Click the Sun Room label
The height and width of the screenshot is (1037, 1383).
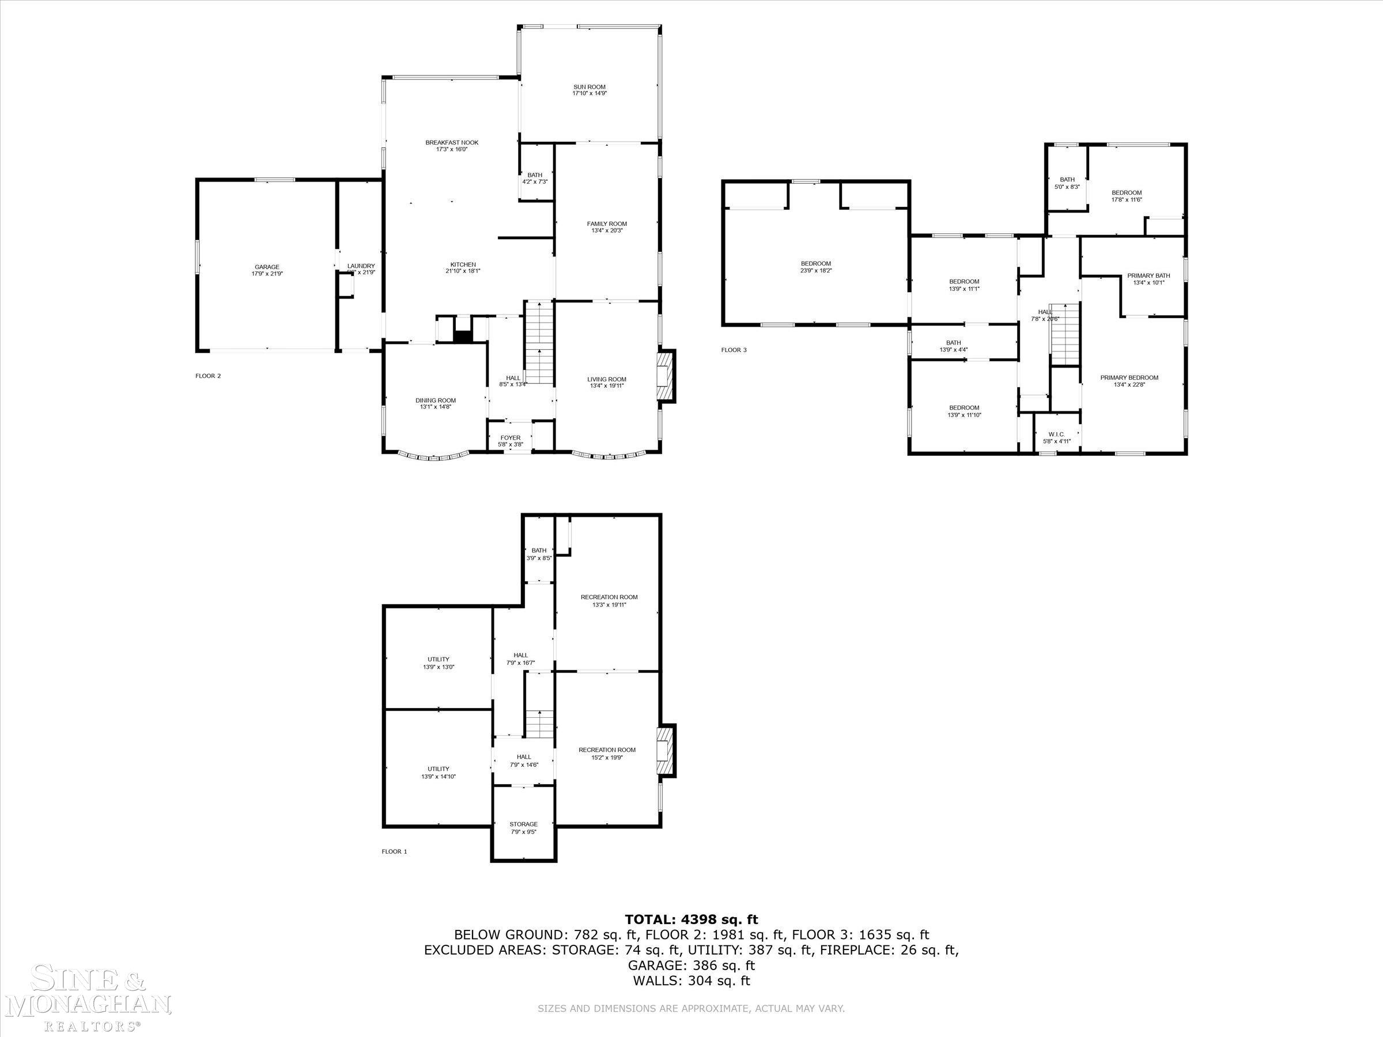[x=589, y=88]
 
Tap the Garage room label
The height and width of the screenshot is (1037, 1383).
[x=267, y=267]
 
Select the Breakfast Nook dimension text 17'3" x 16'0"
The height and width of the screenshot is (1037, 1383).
[x=451, y=149]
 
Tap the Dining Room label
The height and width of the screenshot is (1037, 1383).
[x=436, y=400]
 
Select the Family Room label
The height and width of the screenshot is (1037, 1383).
[x=606, y=224]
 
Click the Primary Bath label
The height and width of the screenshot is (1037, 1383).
[x=1148, y=275]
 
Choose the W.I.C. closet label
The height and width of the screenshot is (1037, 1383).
[x=1057, y=434]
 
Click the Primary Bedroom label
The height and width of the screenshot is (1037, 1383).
[x=1129, y=377]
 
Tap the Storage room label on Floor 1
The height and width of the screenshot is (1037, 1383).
[x=523, y=824]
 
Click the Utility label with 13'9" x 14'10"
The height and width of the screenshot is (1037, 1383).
[x=439, y=770]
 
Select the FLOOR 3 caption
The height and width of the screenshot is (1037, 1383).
[x=734, y=350]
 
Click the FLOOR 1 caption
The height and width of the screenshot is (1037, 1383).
[x=395, y=851]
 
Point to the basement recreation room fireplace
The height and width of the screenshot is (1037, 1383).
[x=666, y=751]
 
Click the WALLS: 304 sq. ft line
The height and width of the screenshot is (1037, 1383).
[x=691, y=981]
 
